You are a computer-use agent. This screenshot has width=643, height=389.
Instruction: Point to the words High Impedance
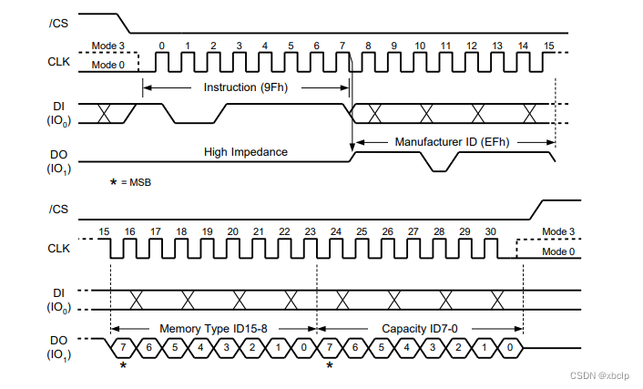[247, 151]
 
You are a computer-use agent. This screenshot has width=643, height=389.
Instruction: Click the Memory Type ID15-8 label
[212, 328]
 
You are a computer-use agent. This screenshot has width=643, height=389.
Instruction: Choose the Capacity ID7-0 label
[420, 328]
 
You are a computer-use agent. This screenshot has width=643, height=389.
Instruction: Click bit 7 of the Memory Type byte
[123, 348]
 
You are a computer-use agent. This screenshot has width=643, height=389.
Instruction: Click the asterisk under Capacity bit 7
[330, 366]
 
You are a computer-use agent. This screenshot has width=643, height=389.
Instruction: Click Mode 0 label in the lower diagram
[557, 251]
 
